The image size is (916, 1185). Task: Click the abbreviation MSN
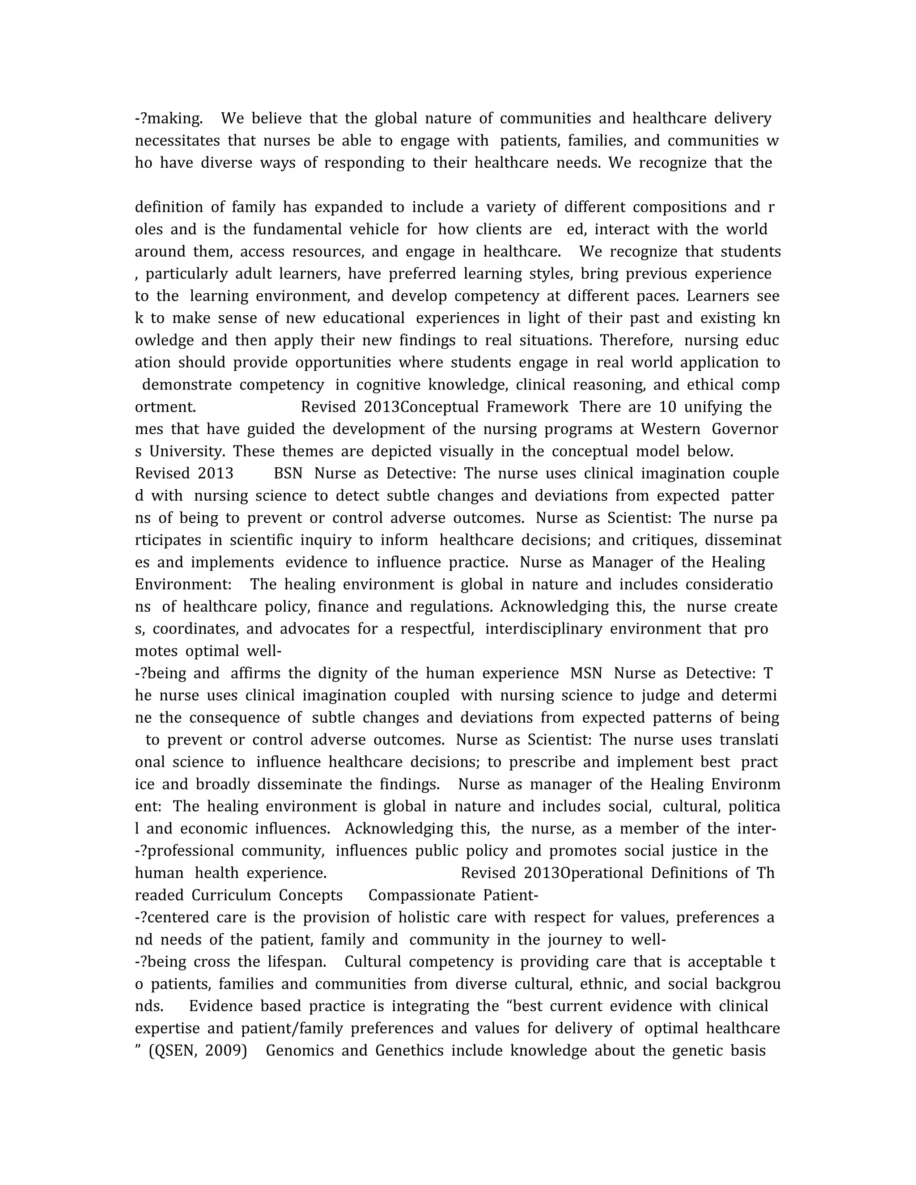pyautogui.click(x=586, y=674)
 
